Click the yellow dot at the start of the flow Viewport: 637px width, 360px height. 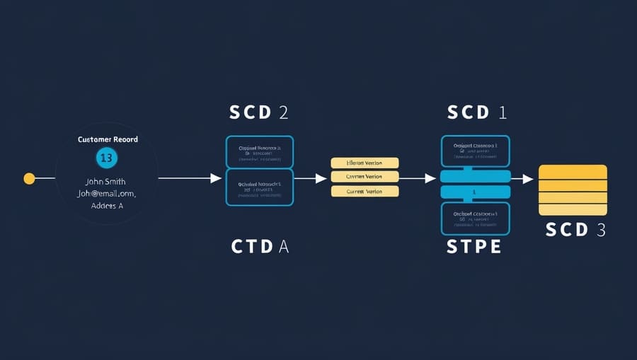pyautogui.click(x=29, y=178)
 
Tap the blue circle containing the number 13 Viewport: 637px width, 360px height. pyautogui.click(x=106, y=158)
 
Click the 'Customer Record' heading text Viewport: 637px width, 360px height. pyautogui.click(x=108, y=139)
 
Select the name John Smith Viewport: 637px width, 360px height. pyautogui.click(x=106, y=181)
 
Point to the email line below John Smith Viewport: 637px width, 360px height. pyautogui.click(x=106, y=193)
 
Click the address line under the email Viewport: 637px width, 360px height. pyautogui.click(x=106, y=205)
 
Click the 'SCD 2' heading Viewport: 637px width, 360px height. pyautogui.click(x=259, y=112)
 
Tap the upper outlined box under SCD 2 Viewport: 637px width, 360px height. pyautogui.click(x=259, y=152)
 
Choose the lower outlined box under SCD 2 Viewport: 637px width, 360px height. pyautogui.click(x=259, y=187)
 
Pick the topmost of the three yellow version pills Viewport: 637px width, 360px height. pyautogui.click(x=365, y=163)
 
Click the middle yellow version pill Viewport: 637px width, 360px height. pyautogui.click(x=365, y=177)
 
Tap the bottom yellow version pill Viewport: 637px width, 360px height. pyautogui.click(x=365, y=191)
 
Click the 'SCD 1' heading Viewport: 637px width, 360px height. pyautogui.click(x=476, y=112)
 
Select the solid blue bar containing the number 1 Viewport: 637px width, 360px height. pyautogui.click(x=476, y=192)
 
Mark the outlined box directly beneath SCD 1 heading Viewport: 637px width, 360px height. pyautogui.click(x=476, y=151)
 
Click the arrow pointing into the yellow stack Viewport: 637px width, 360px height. pyautogui.click(x=522, y=179)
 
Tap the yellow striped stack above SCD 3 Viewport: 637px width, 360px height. pyautogui.click(x=573, y=190)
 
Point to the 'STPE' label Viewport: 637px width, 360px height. pyautogui.click(x=474, y=247)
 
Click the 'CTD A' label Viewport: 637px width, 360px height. pyautogui.click(x=259, y=247)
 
